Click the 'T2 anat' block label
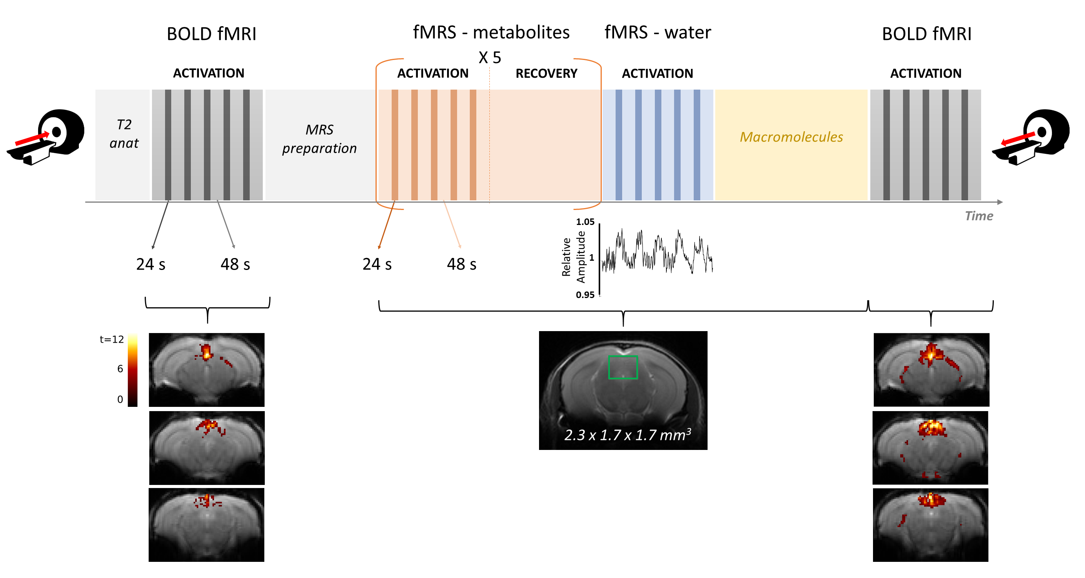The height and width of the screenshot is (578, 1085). pos(124,134)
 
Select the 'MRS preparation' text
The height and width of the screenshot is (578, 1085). pos(319,139)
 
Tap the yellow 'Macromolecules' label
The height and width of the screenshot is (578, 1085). pos(791,137)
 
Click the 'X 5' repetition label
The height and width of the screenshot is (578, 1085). pos(490,57)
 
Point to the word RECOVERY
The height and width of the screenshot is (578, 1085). pos(546,74)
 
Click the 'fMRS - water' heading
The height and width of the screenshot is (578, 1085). pos(658,32)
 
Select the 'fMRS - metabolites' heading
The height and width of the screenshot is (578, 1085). pos(491,32)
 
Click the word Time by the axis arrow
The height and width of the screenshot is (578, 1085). pos(979,216)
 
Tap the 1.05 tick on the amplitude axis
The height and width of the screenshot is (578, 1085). pos(585,222)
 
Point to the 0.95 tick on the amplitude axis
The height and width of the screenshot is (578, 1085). pos(585,295)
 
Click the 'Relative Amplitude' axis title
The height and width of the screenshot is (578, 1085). pos(573,257)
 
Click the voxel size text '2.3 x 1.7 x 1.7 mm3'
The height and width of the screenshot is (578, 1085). pos(628,435)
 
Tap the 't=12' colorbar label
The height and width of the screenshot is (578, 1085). pos(112,339)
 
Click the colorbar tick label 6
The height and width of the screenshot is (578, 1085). pos(120,369)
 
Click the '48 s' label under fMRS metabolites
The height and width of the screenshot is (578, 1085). pos(462,264)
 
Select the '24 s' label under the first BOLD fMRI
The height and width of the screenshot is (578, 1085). pos(151,264)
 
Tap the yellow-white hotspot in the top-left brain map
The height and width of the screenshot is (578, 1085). pos(206,353)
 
